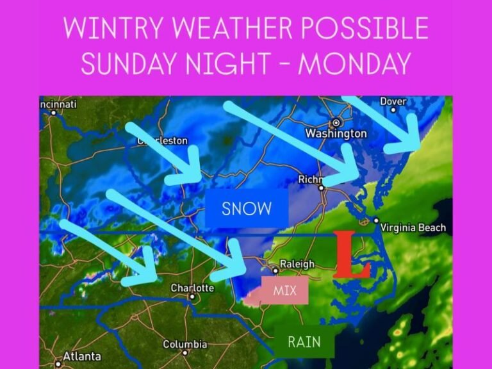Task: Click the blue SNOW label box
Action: coord(247,208)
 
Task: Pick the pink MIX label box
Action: coord(285,291)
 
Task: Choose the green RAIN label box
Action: coord(304,341)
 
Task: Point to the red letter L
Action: coord(350,254)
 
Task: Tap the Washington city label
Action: coord(336,133)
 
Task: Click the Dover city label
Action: coord(393,101)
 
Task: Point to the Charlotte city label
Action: coord(192,288)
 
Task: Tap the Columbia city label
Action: coord(184,344)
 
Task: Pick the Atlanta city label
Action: coord(81,356)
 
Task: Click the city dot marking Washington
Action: coord(335,122)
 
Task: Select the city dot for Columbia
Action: coord(185,352)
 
